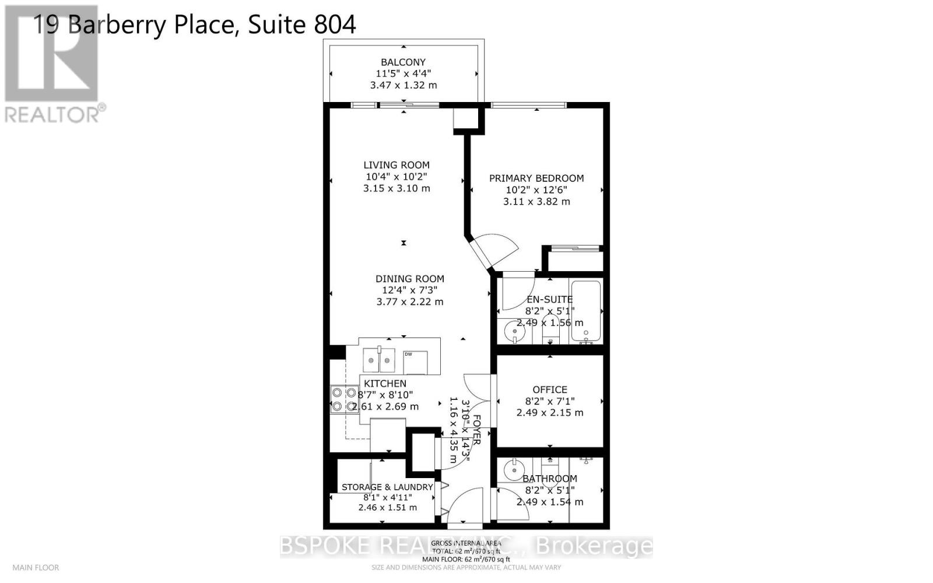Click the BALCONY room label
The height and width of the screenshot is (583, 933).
(x=403, y=62)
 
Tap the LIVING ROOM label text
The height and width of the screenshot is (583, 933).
(x=397, y=165)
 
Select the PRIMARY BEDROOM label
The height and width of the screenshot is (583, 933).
(x=536, y=178)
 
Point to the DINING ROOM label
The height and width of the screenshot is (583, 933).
(x=409, y=279)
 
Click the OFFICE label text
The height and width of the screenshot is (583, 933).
(x=549, y=389)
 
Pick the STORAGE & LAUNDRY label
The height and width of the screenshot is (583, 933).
(x=387, y=487)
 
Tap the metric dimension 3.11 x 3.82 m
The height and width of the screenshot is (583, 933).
(x=536, y=201)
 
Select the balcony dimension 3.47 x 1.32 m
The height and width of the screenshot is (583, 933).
(x=403, y=85)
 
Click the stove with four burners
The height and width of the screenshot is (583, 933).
(x=343, y=400)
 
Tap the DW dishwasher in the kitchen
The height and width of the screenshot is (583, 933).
(x=415, y=362)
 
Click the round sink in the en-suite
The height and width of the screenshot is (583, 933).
(x=515, y=332)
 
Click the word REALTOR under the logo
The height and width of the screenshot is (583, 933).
(x=52, y=114)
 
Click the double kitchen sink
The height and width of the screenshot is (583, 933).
(x=378, y=360)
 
